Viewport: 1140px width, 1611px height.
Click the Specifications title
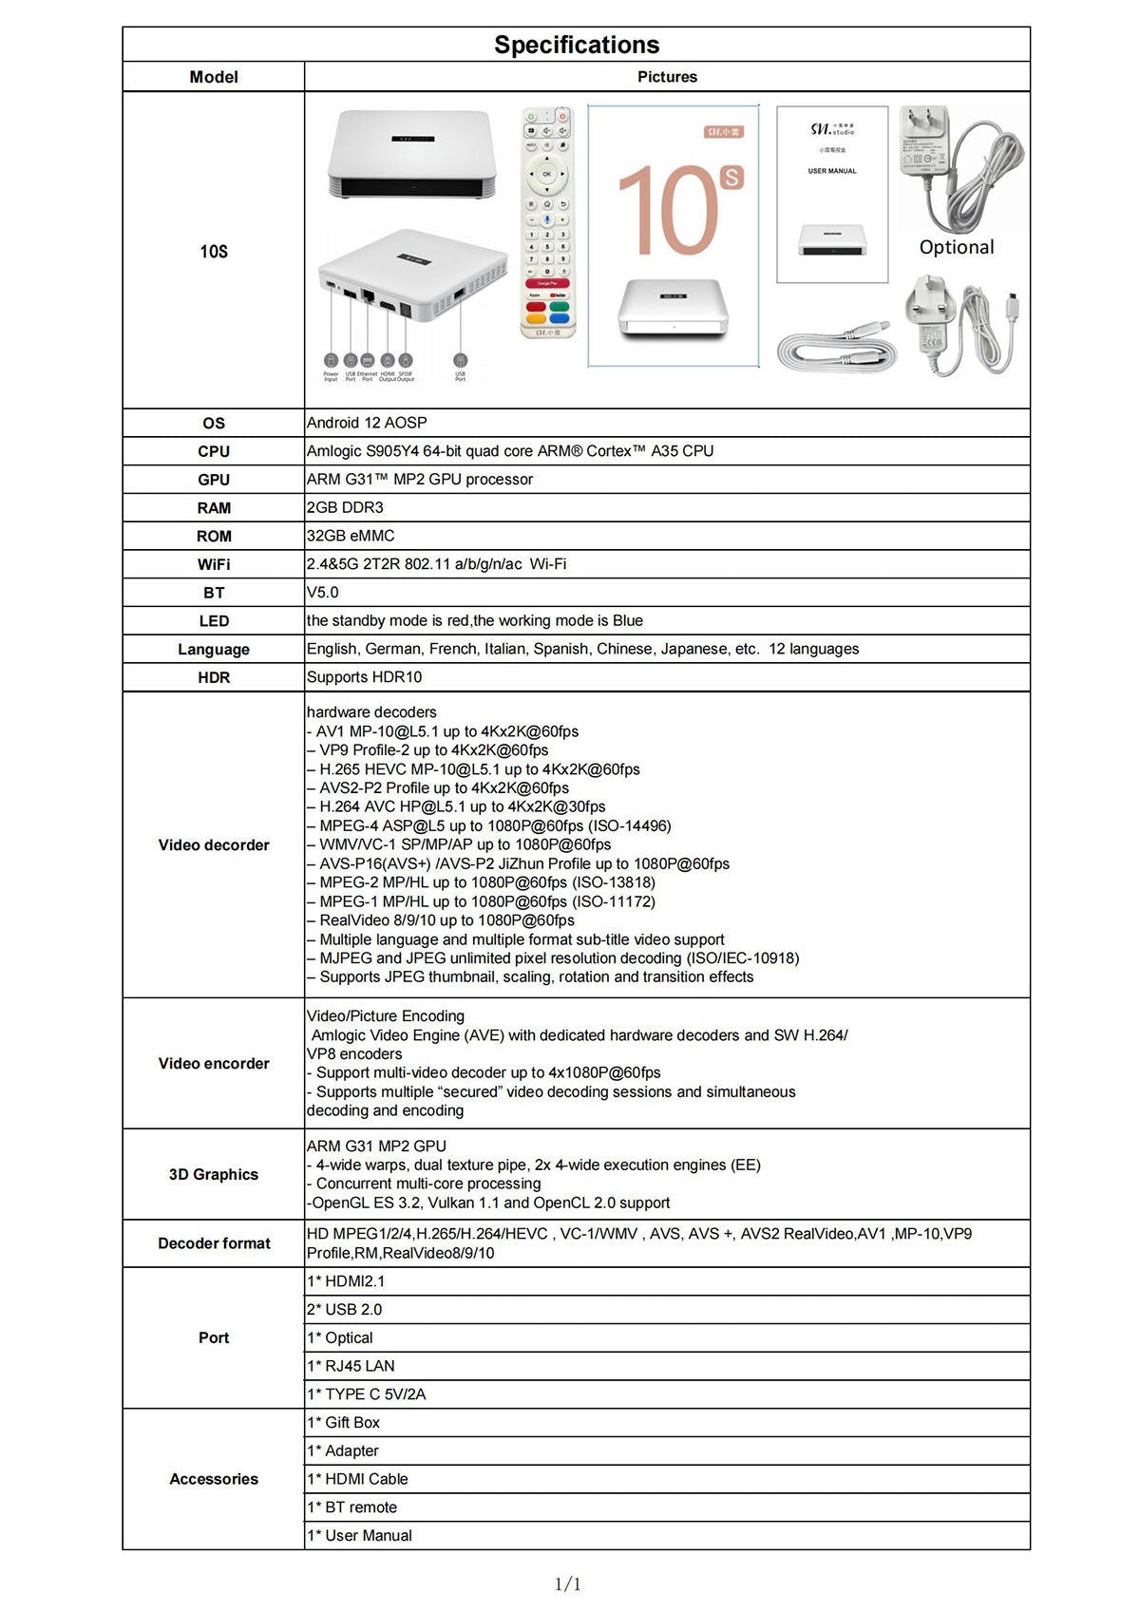tap(576, 45)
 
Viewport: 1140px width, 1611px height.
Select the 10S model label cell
tap(214, 252)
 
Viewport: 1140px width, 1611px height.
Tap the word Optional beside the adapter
tap(956, 247)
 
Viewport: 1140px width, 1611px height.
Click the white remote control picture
tap(547, 221)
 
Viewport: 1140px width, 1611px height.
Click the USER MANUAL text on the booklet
tap(831, 171)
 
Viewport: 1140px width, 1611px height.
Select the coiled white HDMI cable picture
tap(835, 348)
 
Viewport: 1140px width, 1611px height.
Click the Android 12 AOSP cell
tap(367, 423)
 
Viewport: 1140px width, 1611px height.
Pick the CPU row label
tap(214, 451)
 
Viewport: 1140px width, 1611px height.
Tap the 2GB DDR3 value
tap(345, 507)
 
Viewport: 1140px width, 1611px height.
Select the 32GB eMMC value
tap(351, 536)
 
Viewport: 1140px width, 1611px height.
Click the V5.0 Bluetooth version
tap(323, 592)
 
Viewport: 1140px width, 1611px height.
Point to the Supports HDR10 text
tap(364, 677)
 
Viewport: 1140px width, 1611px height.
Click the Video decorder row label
tap(214, 844)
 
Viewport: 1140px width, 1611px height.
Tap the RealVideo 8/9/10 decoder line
tap(446, 920)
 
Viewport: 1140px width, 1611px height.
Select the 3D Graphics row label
tap(214, 1174)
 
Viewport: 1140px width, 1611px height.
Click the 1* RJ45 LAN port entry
tap(351, 1366)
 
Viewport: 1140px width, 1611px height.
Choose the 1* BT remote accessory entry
tap(351, 1507)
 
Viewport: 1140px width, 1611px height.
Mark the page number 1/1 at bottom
tap(567, 1583)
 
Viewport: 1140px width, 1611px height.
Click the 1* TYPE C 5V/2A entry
tap(366, 1394)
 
